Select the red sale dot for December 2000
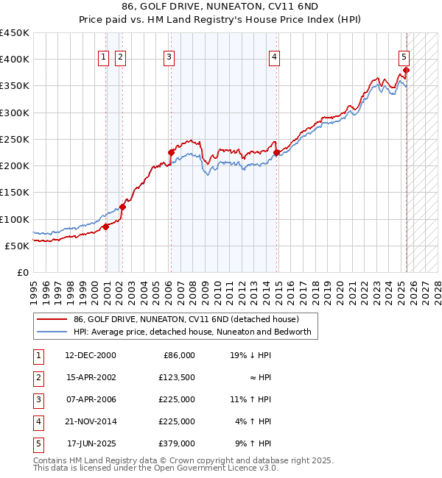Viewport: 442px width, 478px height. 106,226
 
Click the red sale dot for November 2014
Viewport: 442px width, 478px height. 277,153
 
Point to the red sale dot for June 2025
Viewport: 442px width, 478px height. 406,71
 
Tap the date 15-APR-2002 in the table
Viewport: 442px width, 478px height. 90,377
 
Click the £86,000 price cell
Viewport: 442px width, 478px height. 178,355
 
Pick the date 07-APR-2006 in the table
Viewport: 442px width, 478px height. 90,399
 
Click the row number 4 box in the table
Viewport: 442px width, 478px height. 37,421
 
